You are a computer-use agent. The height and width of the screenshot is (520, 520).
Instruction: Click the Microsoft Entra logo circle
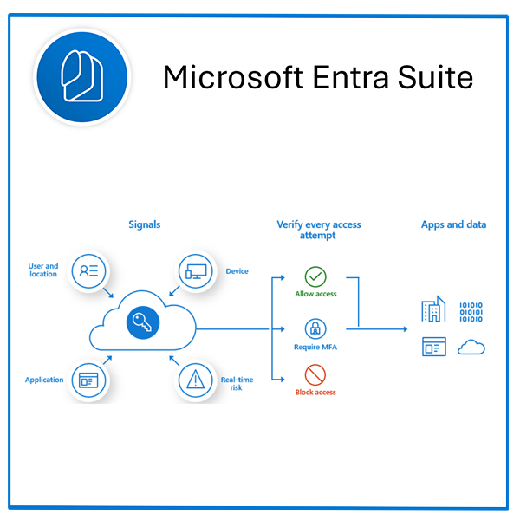(x=81, y=75)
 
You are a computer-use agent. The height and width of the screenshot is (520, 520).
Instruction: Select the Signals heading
(x=144, y=224)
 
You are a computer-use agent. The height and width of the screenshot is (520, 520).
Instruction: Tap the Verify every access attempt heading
(x=318, y=230)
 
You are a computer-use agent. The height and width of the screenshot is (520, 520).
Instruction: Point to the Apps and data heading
(x=453, y=224)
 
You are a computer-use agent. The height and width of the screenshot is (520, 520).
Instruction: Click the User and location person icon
(x=88, y=270)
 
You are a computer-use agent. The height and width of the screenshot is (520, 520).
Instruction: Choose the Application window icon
(x=88, y=379)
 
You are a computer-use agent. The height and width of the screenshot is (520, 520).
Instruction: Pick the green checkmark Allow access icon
(x=315, y=277)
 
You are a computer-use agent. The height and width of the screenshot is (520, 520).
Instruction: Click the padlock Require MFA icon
(x=315, y=329)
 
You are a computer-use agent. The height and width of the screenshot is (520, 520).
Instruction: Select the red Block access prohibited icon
(x=315, y=375)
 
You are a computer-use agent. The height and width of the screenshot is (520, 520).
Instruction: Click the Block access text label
(x=315, y=393)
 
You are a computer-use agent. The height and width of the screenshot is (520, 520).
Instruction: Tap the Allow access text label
(x=315, y=294)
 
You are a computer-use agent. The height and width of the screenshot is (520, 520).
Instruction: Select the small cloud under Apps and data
(x=471, y=348)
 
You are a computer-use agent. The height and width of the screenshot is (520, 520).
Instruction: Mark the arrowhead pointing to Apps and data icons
(x=404, y=329)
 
